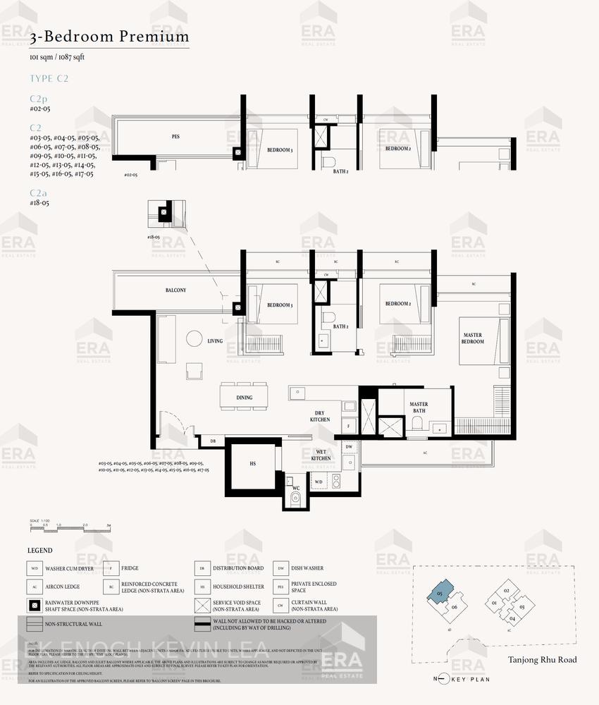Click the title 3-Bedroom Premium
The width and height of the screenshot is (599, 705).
pyautogui.click(x=109, y=36)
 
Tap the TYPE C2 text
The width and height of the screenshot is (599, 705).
pyautogui.click(x=49, y=78)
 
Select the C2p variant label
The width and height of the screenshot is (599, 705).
pyautogui.click(x=39, y=99)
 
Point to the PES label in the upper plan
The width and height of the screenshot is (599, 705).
pyautogui.click(x=175, y=136)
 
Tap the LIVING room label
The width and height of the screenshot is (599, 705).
pyautogui.click(x=215, y=341)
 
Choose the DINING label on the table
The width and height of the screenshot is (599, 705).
pyautogui.click(x=244, y=398)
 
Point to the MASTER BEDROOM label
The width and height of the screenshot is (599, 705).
pyautogui.click(x=472, y=338)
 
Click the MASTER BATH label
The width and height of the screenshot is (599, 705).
pyautogui.click(x=419, y=407)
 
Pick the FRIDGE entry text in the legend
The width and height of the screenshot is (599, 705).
pyautogui.click(x=130, y=568)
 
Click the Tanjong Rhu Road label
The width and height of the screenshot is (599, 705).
pyautogui.click(x=542, y=660)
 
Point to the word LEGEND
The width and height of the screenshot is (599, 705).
pyautogui.click(x=40, y=551)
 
